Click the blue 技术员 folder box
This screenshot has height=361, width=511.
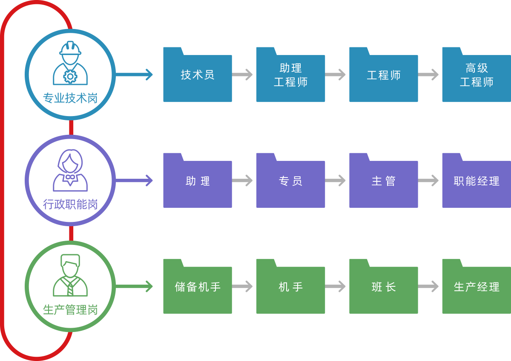[198, 75]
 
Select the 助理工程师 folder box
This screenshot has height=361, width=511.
[290, 75]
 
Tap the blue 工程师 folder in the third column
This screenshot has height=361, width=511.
[383, 75]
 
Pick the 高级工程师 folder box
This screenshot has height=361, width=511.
[476, 75]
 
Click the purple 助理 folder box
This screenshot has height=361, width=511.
[198, 181]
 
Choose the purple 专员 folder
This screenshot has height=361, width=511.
[290, 181]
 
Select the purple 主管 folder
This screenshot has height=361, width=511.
[383, 181]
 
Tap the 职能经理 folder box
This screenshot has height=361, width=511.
[476, 181]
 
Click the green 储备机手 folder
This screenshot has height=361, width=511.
[198, 287]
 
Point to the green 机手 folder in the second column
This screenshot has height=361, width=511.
[290, 287]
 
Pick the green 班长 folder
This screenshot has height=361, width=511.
[383, 287]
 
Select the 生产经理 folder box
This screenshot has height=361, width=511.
[476, 287]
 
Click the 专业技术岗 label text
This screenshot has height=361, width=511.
[70, 99]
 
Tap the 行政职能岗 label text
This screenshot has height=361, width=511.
[70, 204]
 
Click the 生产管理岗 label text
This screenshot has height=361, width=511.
[70, 310]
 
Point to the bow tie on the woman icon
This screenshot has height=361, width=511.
[70, 177]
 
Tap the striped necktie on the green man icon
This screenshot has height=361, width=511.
[70, 288]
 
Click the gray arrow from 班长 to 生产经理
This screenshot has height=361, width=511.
[428, 286]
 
